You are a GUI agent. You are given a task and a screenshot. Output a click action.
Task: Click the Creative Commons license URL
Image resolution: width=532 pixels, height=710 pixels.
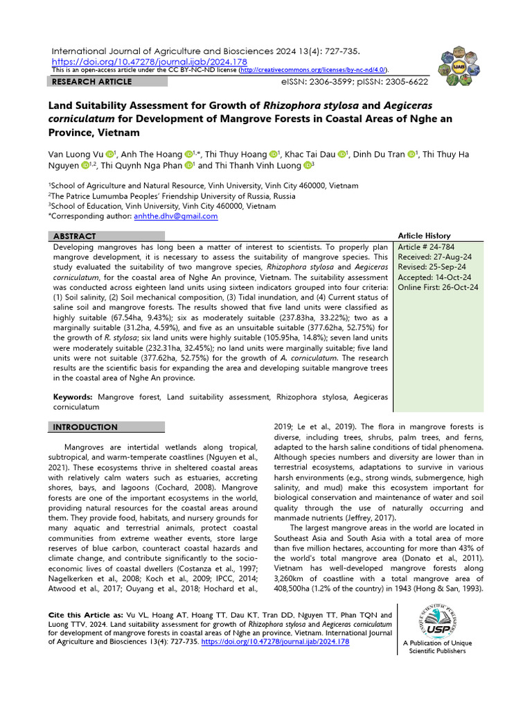click(x=313, y=70)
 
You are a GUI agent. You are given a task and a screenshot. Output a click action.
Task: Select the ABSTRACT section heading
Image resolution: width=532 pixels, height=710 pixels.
click(x=75, y=236)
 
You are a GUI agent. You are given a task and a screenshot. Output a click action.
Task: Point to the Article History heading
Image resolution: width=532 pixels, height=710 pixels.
click(x=424, y=236)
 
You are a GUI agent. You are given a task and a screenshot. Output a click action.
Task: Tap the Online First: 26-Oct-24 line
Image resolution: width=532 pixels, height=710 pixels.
click(x=438, y=287)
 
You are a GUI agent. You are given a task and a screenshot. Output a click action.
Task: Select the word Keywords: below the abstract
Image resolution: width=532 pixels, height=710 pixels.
click(x=74, y=397)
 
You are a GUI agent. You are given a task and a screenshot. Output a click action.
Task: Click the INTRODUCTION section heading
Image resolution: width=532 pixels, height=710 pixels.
click(x=85, y=427)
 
